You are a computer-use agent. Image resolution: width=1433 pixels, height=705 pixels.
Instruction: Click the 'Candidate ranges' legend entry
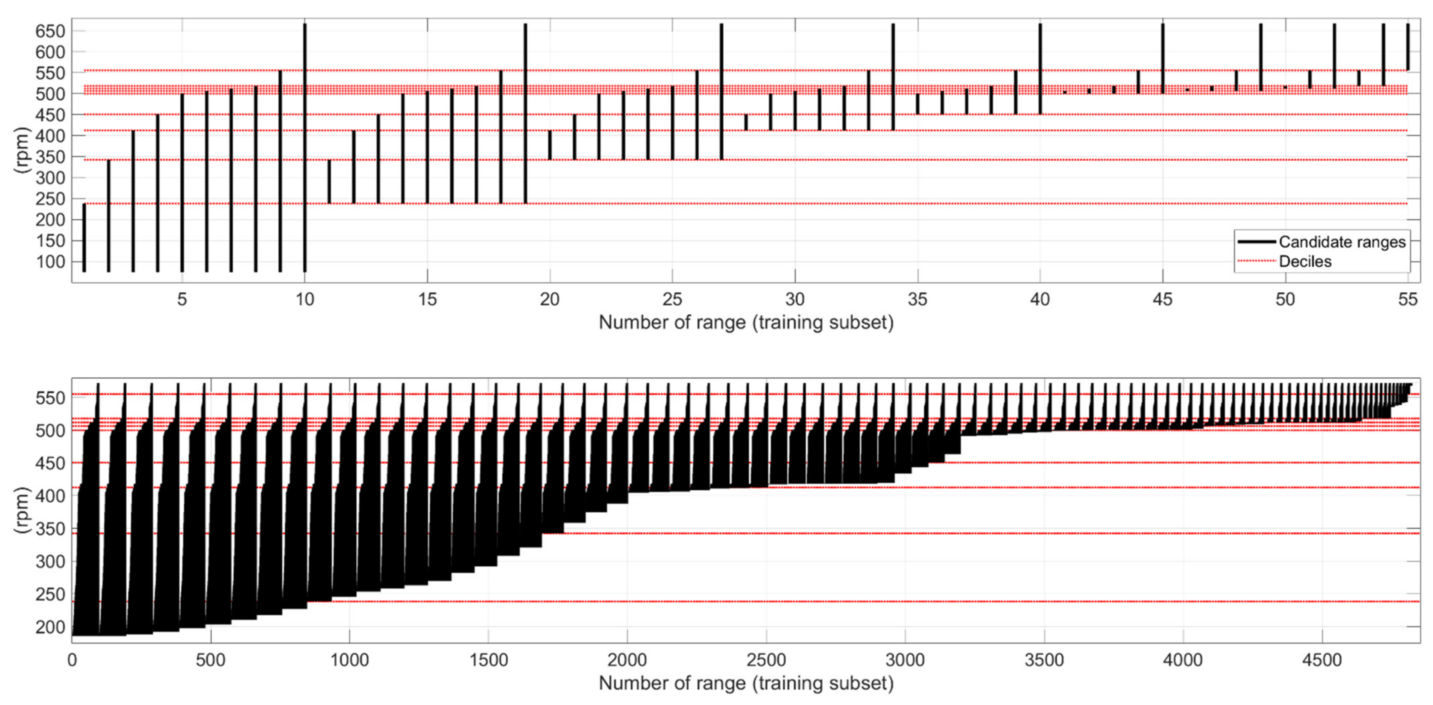click(1341, 242)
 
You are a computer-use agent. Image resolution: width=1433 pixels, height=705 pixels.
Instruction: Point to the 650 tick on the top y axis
click(50, 31)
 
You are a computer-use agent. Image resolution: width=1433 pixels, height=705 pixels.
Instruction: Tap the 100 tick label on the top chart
click(50, 262)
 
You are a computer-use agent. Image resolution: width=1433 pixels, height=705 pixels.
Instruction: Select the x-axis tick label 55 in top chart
click(1407, 300)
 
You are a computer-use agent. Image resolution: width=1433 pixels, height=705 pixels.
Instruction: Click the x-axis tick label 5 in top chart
click(182, 300)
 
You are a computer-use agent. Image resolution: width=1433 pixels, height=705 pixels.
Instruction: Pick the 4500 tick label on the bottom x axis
click(1322, 660)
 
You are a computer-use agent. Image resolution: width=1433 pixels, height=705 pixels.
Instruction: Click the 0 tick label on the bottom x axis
click(72, 660)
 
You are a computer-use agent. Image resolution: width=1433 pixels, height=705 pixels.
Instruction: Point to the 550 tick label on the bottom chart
click(50, 398)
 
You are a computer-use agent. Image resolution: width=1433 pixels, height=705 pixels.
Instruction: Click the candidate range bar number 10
click(305, 147)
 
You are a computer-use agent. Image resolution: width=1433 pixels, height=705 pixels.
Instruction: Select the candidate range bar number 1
click(84, 238)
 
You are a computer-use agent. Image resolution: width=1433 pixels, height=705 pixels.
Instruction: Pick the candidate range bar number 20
click(550, 145)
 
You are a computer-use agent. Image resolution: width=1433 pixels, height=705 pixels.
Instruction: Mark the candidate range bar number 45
click(1163, 58)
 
